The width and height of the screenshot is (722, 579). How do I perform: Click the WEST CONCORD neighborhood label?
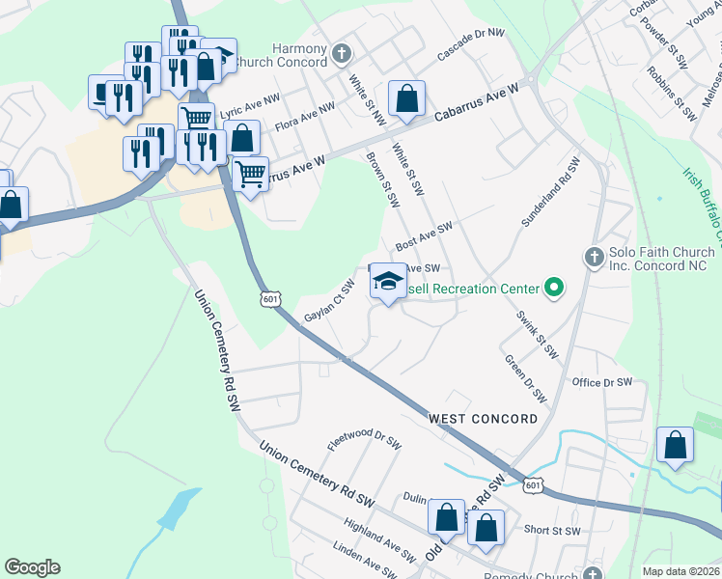tap(483, 419)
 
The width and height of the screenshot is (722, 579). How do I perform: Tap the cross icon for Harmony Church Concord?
tap(340, 52)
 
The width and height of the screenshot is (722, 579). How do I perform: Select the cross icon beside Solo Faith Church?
tap(595, 258)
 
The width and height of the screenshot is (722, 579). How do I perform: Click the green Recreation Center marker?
tap(553, 288)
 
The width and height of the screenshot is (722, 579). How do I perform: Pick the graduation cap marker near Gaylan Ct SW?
tap(388, 282)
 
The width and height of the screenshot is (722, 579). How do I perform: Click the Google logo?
tap(32, 567)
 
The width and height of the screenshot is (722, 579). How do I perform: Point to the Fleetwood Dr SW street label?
tap(364, 442)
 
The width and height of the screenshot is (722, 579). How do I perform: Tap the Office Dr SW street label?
tap(601, 383)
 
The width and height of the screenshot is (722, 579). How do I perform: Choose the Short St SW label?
tap(552, 531)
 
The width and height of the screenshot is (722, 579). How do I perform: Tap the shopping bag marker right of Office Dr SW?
tap(675, 445)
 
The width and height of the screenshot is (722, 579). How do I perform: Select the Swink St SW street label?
tap(537, 335)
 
